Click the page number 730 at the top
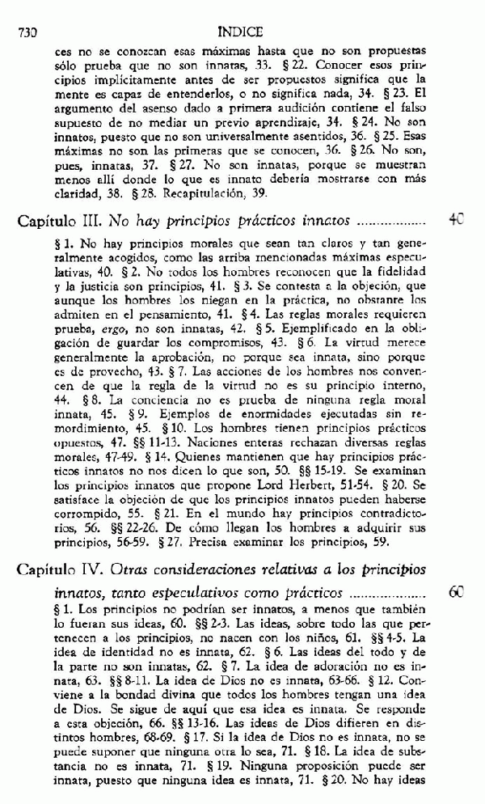pos(28,33)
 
